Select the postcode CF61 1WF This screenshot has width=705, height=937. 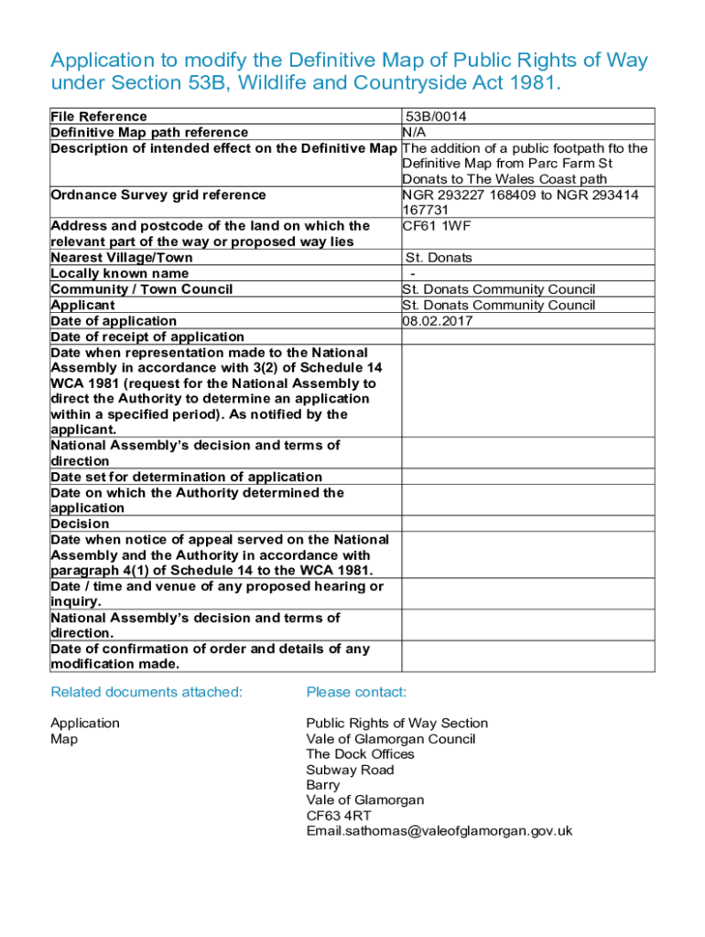435,226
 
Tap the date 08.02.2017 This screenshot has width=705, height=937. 436,321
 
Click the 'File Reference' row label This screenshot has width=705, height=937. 99,116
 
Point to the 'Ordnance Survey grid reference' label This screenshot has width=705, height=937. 158,195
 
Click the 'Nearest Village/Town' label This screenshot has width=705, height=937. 122,258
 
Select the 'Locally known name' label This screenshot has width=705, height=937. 120,274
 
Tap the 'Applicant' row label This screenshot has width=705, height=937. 83,306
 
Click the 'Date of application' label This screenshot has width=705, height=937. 114,321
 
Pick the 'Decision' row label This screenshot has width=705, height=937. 81,524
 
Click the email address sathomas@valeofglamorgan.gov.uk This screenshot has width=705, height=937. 439,831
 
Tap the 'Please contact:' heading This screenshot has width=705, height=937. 356,692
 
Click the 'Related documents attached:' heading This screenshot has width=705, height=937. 146,692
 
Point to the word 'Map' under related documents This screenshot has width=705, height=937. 64,738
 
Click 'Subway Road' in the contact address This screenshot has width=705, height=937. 350,770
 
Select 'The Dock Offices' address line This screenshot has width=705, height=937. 360,754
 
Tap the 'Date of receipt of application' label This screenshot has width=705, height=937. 147,337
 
